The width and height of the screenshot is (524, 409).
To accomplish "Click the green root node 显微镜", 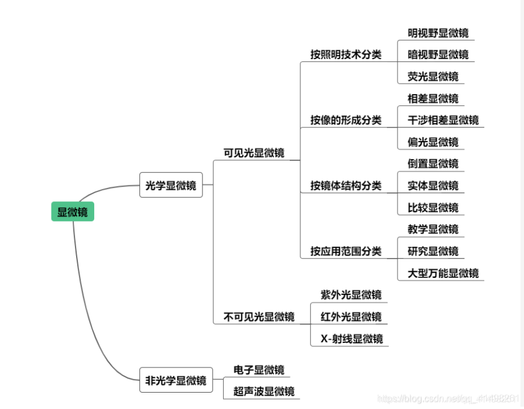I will tap(73, 212).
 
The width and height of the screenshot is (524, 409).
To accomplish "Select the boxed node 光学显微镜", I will tap(170, 186).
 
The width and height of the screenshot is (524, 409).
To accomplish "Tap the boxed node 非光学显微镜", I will tap(176, 381).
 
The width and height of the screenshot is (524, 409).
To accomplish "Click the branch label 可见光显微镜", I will tap(254, 153).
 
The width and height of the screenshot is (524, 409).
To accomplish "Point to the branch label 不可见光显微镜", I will tap(259, 317).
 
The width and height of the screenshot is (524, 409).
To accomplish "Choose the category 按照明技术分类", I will tap(345, 55).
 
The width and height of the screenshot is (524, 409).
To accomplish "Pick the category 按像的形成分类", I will tap(345, 121).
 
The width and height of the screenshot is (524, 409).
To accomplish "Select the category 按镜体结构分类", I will tap(345, 186).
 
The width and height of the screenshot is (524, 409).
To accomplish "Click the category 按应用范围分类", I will tap(345, 252).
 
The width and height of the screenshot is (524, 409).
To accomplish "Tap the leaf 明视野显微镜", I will tap(438, 33).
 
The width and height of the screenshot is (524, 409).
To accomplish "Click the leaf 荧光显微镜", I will tap(433, 77).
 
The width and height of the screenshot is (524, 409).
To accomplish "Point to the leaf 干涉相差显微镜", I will tap(443, 120).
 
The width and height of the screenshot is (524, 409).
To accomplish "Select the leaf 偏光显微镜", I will tap(433, 142).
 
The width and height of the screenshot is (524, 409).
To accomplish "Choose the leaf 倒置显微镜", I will tap(433, 164).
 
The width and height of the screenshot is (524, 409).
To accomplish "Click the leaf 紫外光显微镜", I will tap(351, 295).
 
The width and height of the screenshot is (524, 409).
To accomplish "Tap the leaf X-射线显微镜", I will tap(351, 339).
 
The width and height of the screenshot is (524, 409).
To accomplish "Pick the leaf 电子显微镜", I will tap(259, 370).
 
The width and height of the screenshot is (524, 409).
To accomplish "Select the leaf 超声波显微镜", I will tap(263, 391).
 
